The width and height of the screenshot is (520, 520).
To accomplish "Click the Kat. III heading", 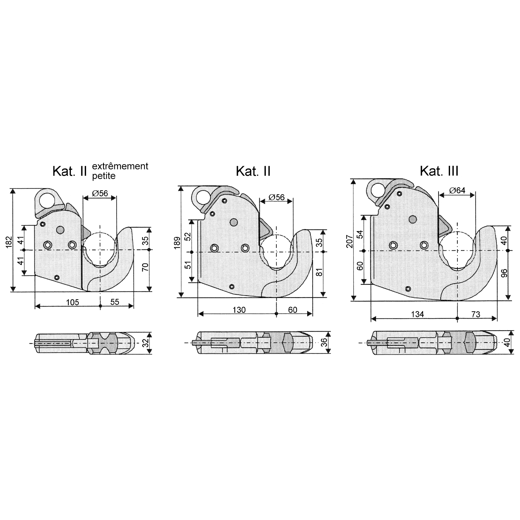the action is (439, 171).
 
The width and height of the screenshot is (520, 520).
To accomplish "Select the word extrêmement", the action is (120, 166).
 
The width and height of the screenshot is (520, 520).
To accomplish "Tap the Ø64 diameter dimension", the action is (457, 190).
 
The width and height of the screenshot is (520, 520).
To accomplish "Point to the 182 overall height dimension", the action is (9, 242).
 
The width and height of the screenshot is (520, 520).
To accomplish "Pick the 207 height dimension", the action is (349, 241).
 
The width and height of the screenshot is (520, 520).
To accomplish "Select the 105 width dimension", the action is (73, 302).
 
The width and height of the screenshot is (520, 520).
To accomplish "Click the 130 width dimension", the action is (239, 310).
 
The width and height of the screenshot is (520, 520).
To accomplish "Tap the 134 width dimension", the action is (417, 314).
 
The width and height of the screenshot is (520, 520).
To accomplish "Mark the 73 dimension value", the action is (476, 314).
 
